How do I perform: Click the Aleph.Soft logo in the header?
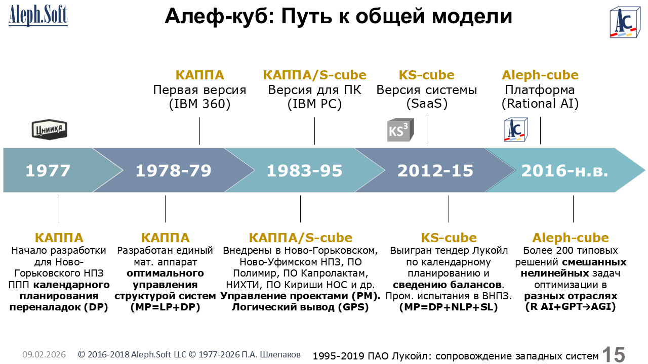click(38, 16)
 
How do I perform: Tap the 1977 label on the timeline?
click(48, 170)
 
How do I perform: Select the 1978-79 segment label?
click(174, 170)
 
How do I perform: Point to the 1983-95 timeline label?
click(304, 170)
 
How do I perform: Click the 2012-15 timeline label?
click(435, 170)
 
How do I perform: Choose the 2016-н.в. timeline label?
click(564, 170)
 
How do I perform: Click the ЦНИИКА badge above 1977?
click(50, 129)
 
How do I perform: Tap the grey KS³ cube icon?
click(400, 130)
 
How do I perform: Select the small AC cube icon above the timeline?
click(516, 130)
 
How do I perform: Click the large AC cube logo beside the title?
click(625, 23)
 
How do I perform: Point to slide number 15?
click(614, 354)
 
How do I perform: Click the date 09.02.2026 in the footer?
click(44, 354)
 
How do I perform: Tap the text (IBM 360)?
click(199, 104)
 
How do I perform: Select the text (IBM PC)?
click(314, 104)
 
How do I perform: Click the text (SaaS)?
click(427, 104)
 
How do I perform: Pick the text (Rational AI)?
click(540, 104)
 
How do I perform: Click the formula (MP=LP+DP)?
click(165, 307)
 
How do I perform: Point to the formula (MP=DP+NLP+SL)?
click(449, 307)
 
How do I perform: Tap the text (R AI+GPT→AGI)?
click(571, 307)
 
